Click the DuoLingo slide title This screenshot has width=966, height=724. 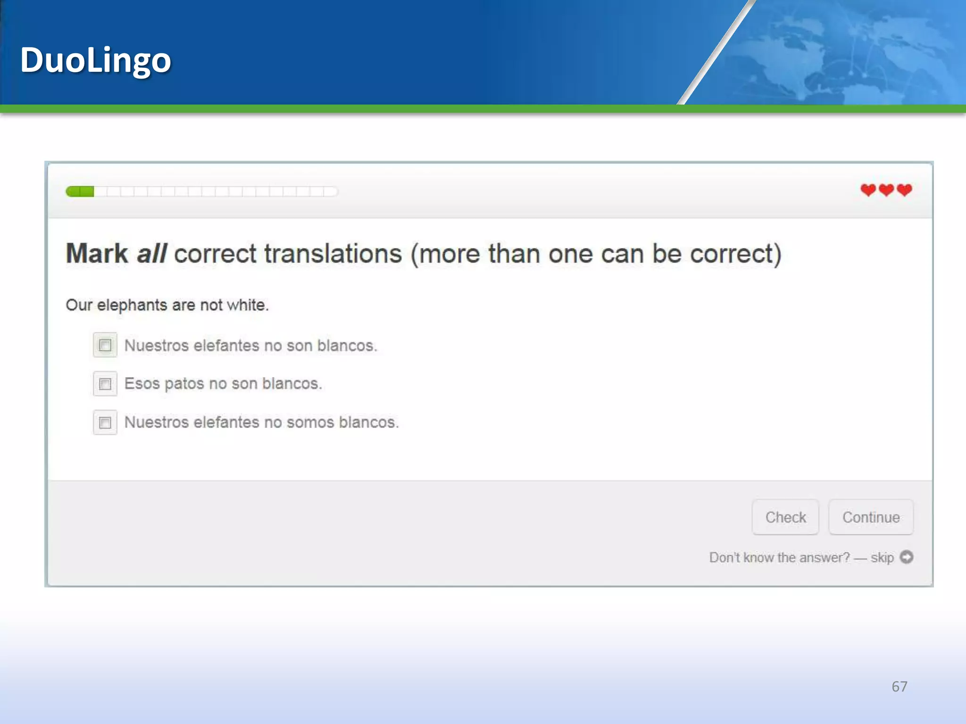coord(95,60)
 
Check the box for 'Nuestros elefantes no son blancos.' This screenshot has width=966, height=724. coord(105,345)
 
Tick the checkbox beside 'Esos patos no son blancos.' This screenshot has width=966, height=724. coord(105,384)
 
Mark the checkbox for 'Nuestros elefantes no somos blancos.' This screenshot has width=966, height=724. coord(105,422)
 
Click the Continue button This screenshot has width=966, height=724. coord(871,517)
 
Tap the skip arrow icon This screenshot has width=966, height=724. coord(907,557)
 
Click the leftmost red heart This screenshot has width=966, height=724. coord(868,190)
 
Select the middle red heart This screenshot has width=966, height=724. coord(886,190)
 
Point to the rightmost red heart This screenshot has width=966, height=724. coord(905,190)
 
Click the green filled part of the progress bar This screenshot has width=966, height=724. coord(80,191)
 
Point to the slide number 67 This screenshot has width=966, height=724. coord(899,686)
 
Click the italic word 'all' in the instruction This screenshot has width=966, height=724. coord(152,254)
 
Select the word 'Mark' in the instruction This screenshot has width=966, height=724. coord(97,254)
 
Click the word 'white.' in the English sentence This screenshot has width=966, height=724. coord(248,305)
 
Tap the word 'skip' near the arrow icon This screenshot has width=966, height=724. coord(882,558)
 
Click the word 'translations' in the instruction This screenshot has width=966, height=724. coord(333,254)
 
